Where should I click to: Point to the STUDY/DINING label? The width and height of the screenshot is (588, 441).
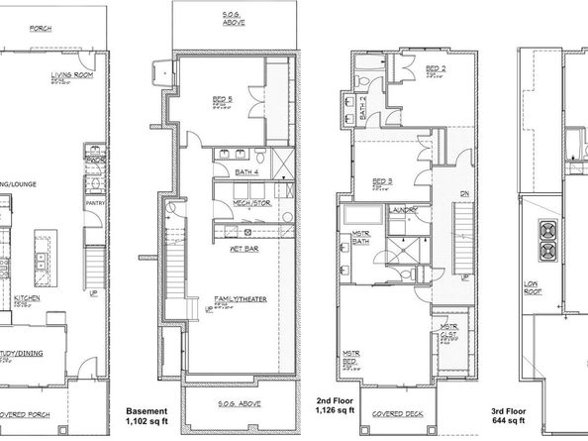point(22,350)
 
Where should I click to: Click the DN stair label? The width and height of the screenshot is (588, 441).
point(465,194)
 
